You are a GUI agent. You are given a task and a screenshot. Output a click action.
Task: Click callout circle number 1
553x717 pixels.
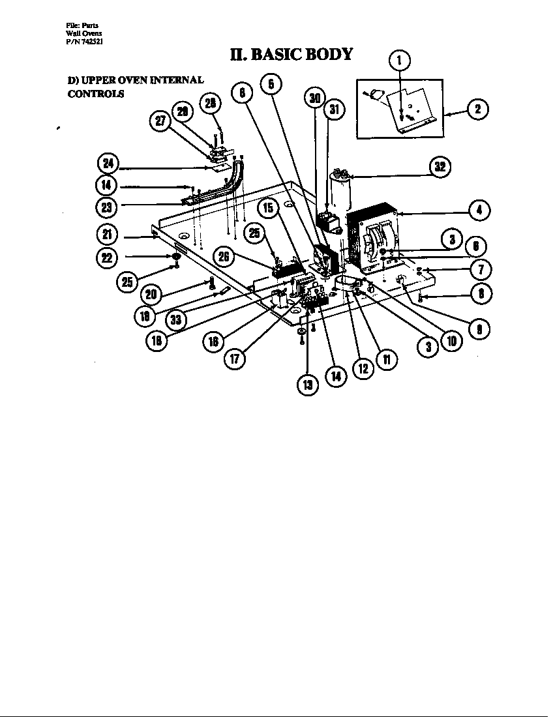400,61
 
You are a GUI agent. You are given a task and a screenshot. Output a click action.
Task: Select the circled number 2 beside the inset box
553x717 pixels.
478,109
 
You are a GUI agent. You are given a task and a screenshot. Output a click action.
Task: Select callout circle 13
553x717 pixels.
308,385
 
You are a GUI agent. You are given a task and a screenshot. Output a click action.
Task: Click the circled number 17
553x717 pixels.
235,359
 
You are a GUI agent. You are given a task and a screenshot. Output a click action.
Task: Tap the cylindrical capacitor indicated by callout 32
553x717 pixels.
340,196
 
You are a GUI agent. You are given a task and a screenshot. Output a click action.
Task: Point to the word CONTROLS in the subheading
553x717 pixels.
96,93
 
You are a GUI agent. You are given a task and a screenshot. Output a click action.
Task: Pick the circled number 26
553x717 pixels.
224,256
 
